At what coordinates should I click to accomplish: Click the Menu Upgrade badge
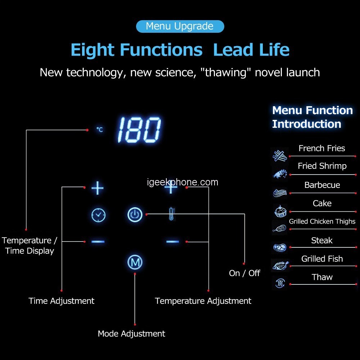(180, 26)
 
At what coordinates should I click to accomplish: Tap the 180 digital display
(139, 130)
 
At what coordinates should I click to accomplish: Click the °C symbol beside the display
(99, 129)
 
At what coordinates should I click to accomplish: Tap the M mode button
(135, 262)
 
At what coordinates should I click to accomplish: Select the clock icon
(98, 215)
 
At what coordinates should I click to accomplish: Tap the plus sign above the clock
(98, 188)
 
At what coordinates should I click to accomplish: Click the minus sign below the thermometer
(173, 242)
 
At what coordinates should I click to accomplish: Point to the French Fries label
(321, 148)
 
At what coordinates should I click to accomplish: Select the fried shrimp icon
(279, 174)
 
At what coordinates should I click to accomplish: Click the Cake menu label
(322, 203)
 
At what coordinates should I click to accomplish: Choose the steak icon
(279, 247)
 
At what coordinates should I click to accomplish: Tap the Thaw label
(322, 277)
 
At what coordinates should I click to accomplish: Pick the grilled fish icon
(279, 266)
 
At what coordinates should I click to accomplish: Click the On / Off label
(244, 273)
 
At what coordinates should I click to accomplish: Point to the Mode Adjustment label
(131, 334)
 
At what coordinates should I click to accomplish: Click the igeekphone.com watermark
(183, 183)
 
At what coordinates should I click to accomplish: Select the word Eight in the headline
(95, 50)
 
